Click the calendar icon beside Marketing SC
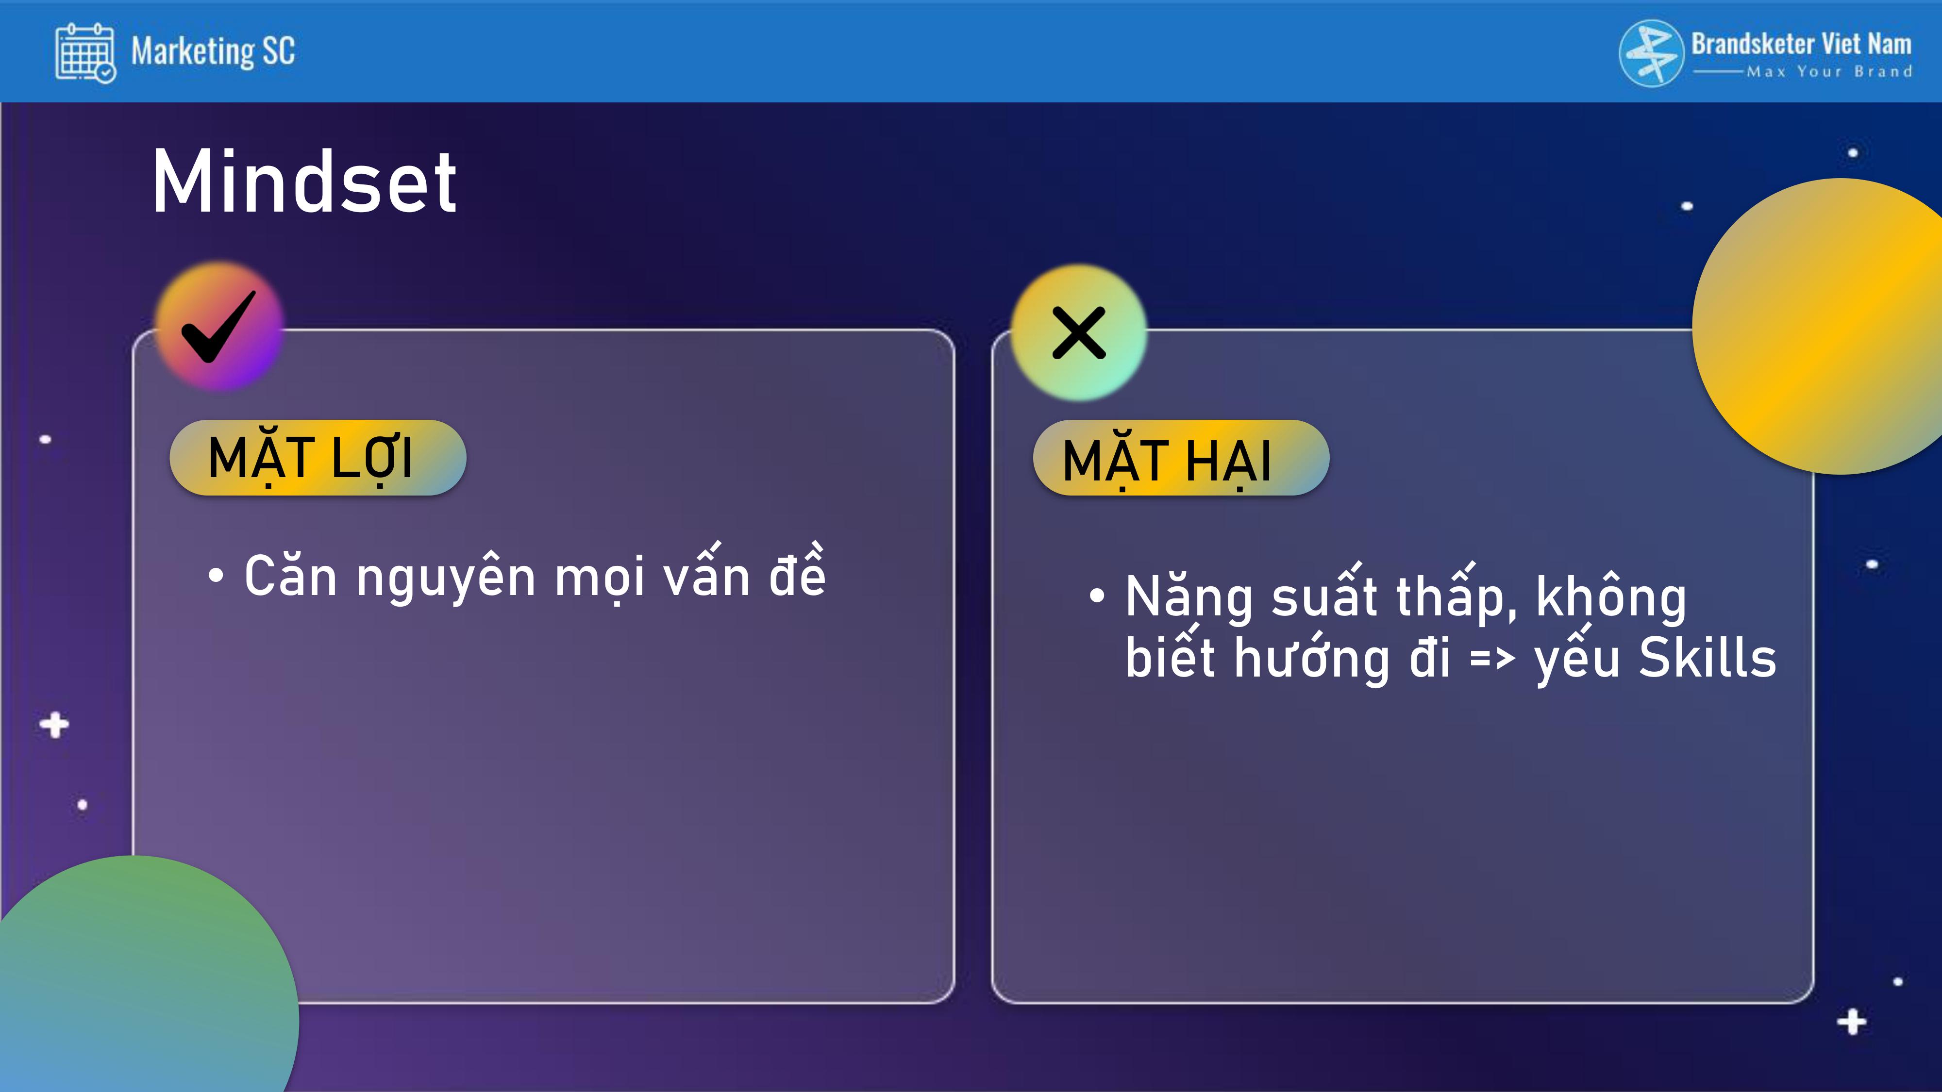[85, 52]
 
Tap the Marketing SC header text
[213, 52]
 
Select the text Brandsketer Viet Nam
[1801, 44]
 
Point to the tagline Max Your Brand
[1830, 72]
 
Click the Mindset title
[304, 182]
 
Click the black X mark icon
[1079, 332]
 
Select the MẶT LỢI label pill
[318, 458]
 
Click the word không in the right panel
[1610, 597]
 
